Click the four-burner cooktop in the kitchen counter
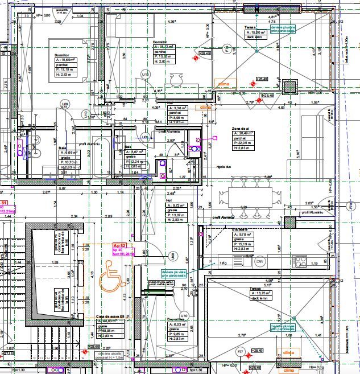[299, 262]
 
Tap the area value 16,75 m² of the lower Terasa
[262, 294]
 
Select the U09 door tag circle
[65, 104]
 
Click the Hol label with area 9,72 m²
[169, 200]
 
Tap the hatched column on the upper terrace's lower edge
[293, 88]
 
